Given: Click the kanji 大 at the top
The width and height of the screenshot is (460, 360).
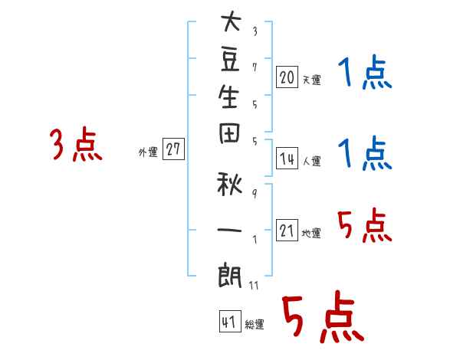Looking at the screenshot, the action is (x=232, y=21).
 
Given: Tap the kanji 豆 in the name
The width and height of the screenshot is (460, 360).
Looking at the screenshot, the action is (x=230, y=60).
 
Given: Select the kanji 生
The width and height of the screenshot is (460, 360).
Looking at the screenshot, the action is (x=228, y=97).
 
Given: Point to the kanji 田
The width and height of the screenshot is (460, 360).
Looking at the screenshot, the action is (x=229, y=133).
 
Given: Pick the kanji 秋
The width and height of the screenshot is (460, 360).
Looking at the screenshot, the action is (x=229, y=185).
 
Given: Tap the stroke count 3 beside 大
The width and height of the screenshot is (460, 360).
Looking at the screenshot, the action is (x=255, y=31).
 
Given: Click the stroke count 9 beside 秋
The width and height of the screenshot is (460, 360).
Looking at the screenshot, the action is (x=255, y=194).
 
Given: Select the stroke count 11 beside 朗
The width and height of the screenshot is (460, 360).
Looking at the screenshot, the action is (x=254, y=285).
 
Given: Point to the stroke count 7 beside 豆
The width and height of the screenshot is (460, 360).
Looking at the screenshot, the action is (x=255, y=67).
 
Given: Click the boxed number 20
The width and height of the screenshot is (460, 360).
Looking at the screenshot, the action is (x=287, y=77).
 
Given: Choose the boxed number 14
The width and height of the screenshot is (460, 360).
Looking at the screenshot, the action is (x=287, y=159).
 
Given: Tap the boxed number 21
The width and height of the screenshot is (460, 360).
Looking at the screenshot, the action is (x=287, y=230).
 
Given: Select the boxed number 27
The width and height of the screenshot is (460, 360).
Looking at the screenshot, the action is (x=173, y=149).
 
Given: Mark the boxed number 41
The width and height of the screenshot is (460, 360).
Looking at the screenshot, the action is (x=230, y=322).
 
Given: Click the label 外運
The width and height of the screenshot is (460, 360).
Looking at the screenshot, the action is (x=148, y=152).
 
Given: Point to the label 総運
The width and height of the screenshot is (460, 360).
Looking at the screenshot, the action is (x=255, y=325).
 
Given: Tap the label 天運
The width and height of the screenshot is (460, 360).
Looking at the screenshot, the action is (x=312, y=80).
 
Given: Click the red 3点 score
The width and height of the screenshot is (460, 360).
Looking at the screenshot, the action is (x=76, y=144).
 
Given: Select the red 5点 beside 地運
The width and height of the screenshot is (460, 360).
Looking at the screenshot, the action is (x=365, y=224).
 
